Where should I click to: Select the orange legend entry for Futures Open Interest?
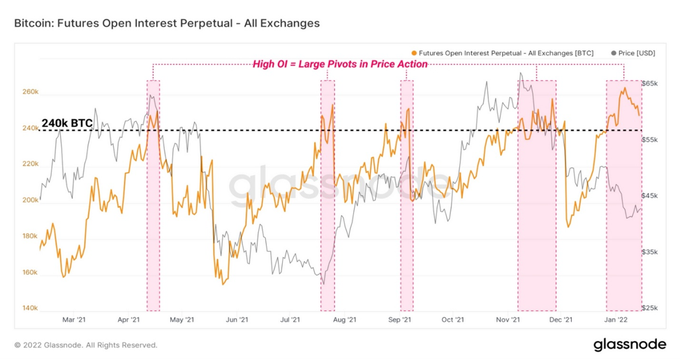point(502,53)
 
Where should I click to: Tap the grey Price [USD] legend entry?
point(633,53)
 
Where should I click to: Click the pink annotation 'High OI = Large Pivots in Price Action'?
point(340,64)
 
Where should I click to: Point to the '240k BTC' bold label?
point(67,123)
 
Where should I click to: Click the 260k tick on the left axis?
point(30,92)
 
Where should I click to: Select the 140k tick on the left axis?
point(30,308)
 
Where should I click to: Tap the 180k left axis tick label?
point(30,236)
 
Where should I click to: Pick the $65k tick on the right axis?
point(650,83)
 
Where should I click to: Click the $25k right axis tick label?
point(650,308)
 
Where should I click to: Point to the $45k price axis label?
point(650,196)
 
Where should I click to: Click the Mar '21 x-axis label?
point(74,320)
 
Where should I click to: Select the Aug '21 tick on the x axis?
point(344,320)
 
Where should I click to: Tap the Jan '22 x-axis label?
point(616,320)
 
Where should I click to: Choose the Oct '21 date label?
point(452,320)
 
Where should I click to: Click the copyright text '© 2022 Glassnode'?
point(48,345)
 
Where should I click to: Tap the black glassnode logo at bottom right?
point(630,345)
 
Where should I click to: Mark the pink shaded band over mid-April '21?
point(153,195)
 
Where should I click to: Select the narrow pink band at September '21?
point(407,195)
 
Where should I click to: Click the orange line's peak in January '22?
point(625,88)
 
